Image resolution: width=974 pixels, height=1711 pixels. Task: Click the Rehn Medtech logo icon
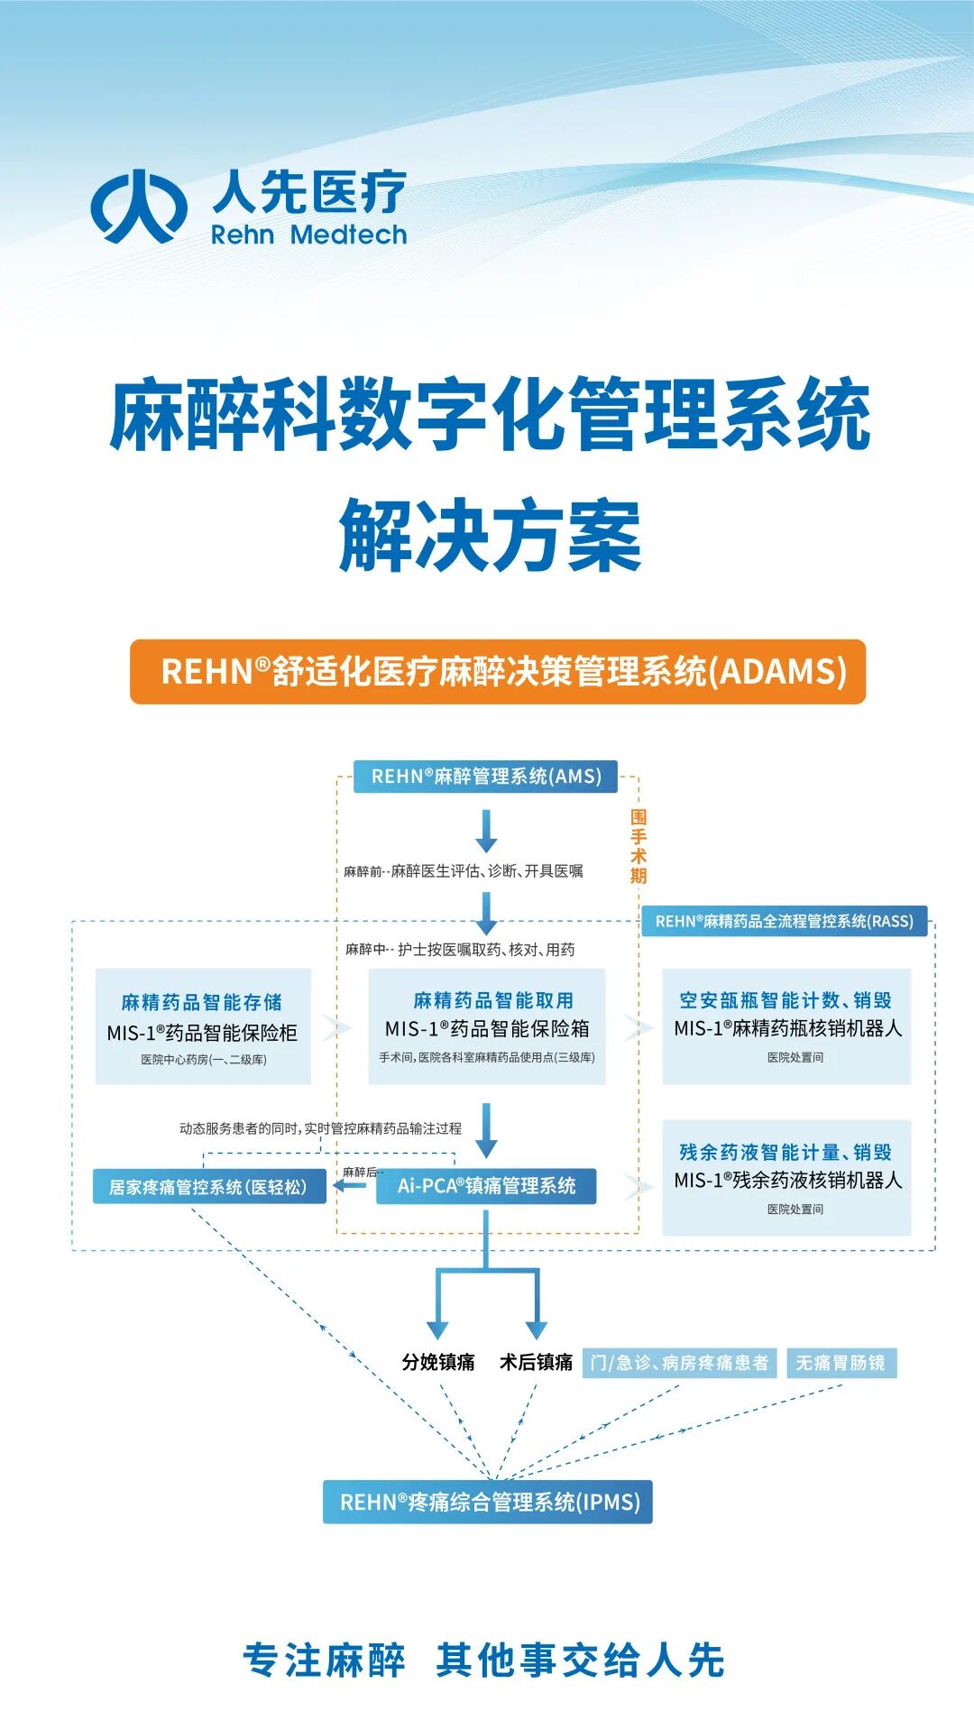(x=139, y=207)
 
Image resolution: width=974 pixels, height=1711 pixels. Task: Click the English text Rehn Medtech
(x=308, y=235)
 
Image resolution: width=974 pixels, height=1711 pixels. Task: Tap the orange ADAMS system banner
(x=498, y=672)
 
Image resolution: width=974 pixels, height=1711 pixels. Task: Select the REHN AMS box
(x=485, y=777)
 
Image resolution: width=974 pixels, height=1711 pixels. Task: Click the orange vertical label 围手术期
(x=639, y=846)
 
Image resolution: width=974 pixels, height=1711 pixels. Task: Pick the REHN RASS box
(x=784, y=921)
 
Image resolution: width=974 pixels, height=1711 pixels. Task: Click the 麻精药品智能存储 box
(x=203, y=1026)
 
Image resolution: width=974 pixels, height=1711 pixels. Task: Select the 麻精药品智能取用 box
(x=487, y=1026)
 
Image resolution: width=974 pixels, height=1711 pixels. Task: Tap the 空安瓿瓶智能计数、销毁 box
(x=786, y=1026)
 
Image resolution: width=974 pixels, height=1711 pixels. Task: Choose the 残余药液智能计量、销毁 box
(x=786, y=1178)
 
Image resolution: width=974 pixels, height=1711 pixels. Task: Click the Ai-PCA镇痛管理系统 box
(x=485, y=1186)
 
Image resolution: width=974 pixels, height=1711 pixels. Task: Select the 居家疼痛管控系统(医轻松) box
(x=209, y=1187)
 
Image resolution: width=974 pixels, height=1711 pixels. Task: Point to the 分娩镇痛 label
(x=438, y=1362)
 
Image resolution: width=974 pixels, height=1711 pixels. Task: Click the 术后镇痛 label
(x=537, y=1362)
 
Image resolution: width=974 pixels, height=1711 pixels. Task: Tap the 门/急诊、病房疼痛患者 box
(x=679, y=1363)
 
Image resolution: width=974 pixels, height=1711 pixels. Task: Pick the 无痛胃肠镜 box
(x=841, y=1363)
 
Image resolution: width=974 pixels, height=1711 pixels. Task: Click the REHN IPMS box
(x=488, y=1502)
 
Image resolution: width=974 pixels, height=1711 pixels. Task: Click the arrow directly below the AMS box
(x=487, y=831)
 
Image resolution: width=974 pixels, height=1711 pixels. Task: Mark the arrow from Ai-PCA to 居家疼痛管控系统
(x=349, y=1185)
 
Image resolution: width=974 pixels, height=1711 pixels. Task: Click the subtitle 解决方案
(x=490, y=536)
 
